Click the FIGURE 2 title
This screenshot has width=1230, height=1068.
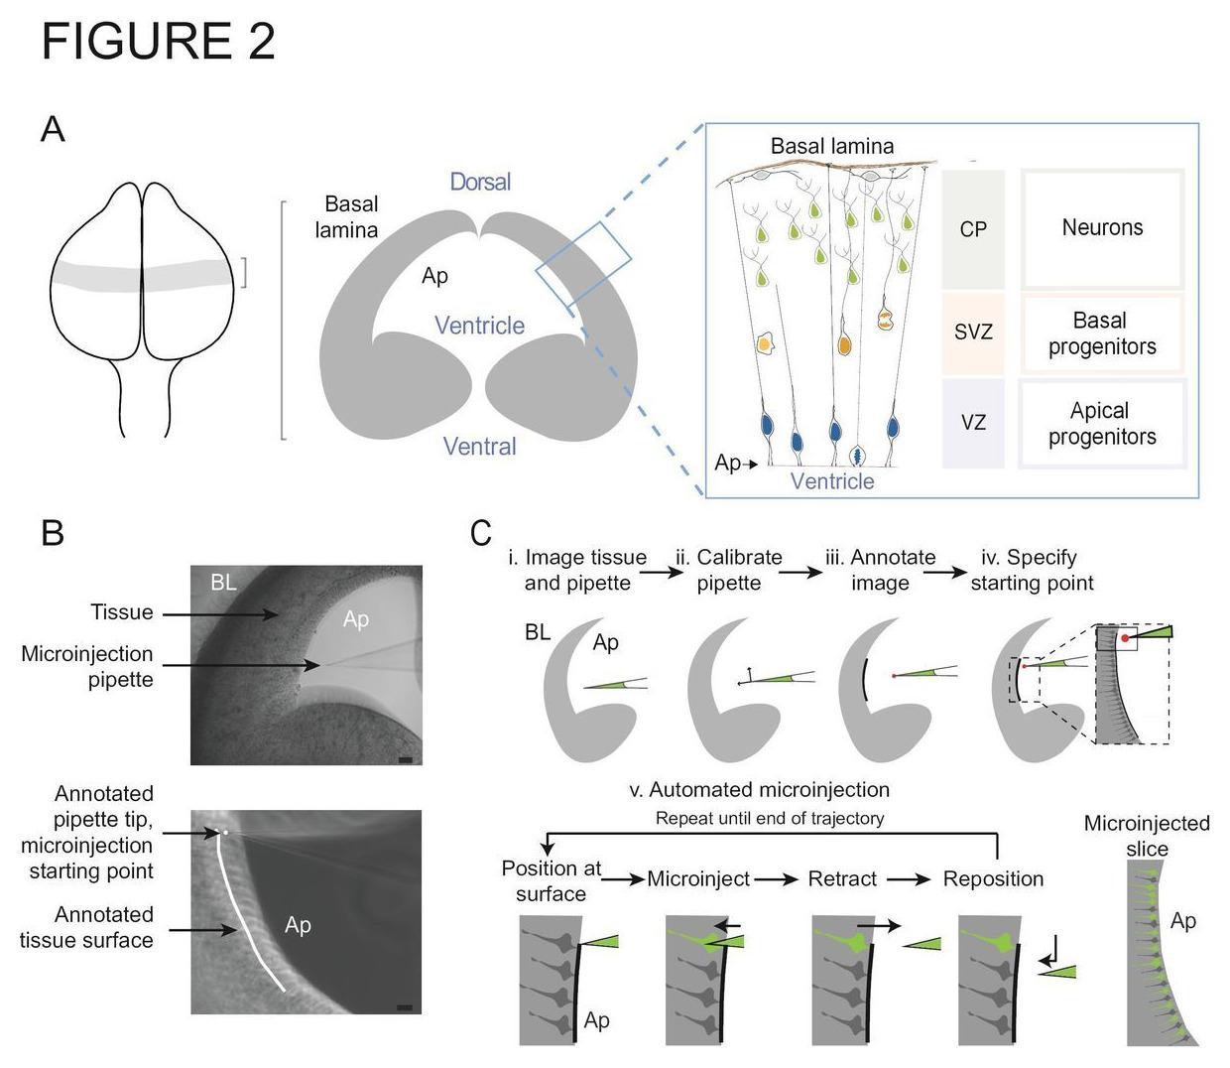158,42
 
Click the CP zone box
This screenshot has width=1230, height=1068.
973,229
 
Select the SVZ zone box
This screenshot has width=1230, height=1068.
973,332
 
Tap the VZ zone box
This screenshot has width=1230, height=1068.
973,422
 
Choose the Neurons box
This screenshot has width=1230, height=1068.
1102,228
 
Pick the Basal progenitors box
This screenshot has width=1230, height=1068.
1102,334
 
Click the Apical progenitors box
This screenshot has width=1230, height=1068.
1102,424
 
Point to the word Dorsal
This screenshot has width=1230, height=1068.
480,182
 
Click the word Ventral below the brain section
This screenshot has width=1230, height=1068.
480,447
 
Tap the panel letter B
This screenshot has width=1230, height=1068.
53,533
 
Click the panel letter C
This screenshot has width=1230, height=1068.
481,533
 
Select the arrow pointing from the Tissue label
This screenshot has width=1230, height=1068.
220,615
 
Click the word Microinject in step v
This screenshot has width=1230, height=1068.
698,879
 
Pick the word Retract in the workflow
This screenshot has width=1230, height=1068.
842,879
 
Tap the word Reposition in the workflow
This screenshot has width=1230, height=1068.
993,879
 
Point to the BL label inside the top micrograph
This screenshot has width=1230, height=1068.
223,583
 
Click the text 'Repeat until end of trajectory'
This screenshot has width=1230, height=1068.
770,819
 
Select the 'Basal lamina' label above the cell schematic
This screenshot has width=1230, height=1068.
832,146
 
